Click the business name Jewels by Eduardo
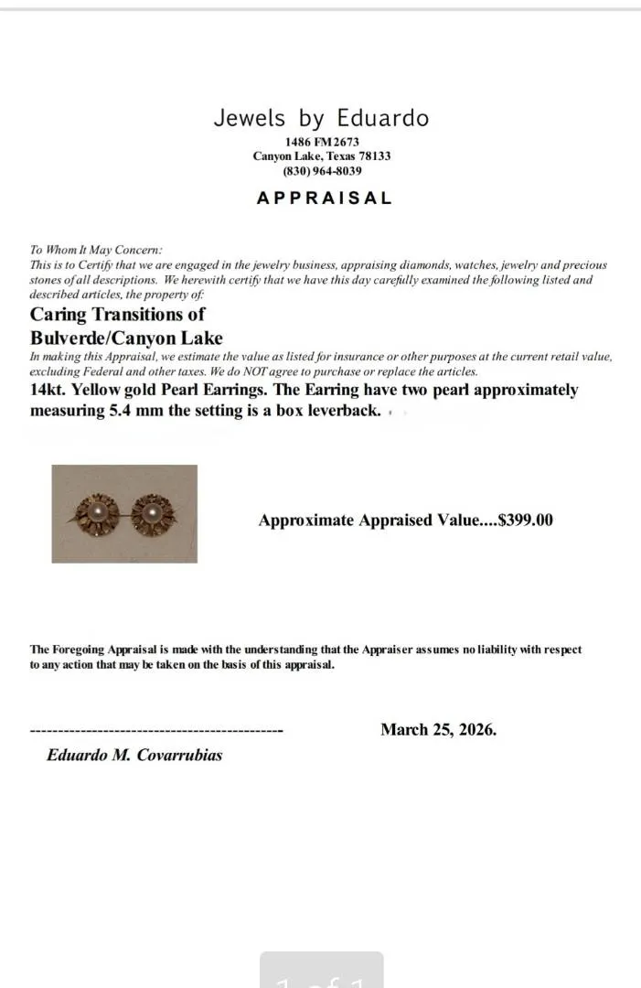pos(321,118)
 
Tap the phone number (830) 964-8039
pos(322,171)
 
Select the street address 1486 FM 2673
pos(322,142)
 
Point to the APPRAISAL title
pos(324,198)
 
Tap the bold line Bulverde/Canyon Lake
pos(126,338)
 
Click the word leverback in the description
pos(338,410)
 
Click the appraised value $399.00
pos(525,521)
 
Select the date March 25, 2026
pos(438,729)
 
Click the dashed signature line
pos(156,731)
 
